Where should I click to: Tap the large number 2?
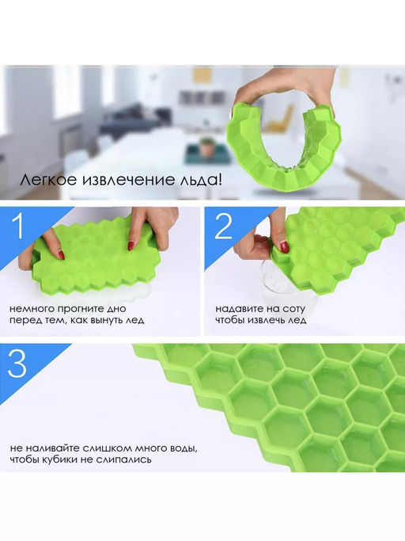[x=224, y=227]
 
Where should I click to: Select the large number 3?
[x=17, y=364]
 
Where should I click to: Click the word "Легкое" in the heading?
[x=48, y=180]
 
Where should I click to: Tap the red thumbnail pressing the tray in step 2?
[x=284, y=246]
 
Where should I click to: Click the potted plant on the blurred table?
[x=206, y=147]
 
